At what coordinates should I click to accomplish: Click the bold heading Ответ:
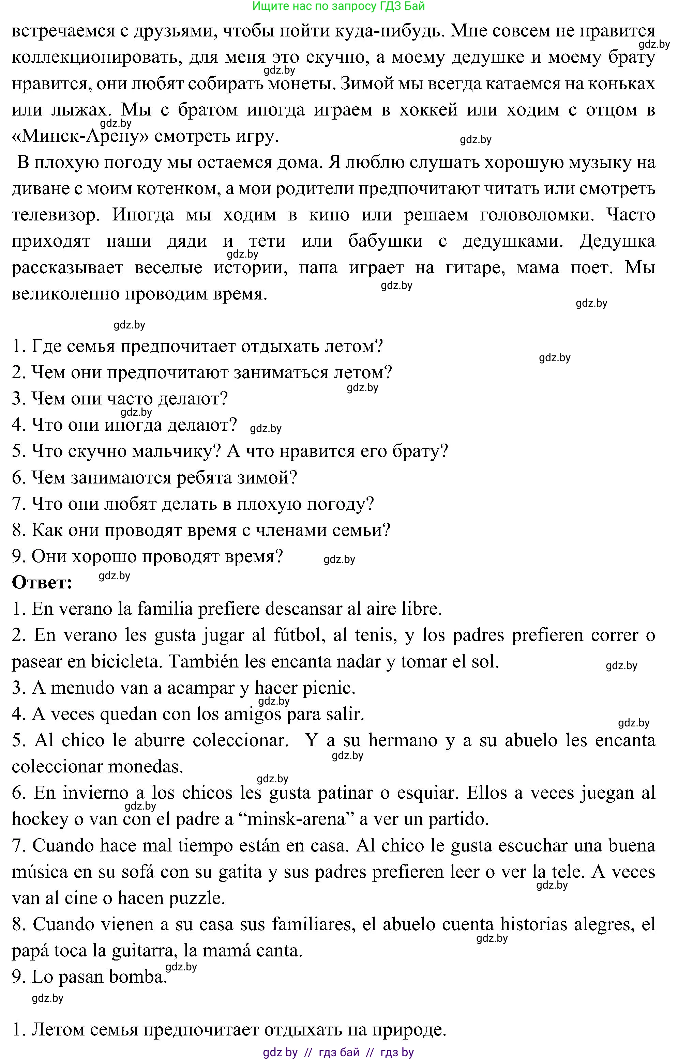point(42,583)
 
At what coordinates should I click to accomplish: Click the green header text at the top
point(338,6)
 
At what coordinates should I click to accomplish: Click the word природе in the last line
point(409,1030)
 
